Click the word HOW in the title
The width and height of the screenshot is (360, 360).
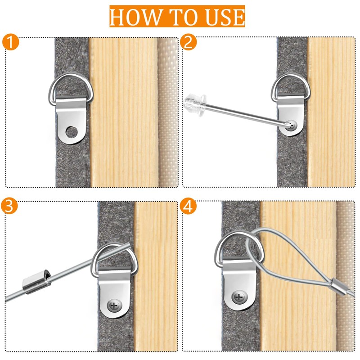136,17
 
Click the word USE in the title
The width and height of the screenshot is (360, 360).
225,17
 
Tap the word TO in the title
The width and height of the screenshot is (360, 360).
185,17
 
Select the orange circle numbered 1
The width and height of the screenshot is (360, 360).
10,41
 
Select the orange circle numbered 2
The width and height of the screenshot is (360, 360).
188,41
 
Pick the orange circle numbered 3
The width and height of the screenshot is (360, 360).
9,206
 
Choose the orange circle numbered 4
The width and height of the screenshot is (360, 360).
188,206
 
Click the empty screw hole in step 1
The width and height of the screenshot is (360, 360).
72,132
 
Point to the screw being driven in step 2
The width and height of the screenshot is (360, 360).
291,126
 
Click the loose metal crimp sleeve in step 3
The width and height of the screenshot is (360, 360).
37,282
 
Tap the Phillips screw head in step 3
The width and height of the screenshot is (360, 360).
115,306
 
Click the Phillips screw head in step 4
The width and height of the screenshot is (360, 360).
239,298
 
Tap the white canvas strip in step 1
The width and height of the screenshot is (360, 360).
168,112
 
